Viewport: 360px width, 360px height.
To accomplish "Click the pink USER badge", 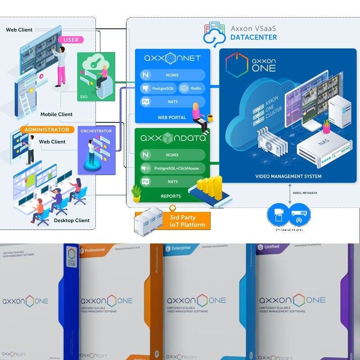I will (x=71, y=40).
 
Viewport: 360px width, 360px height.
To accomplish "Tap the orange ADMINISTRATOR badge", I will (x=47, y=130).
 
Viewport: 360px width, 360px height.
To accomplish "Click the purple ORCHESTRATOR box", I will (x=96, y=150).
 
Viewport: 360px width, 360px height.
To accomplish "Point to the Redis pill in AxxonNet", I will (x=192, y=88).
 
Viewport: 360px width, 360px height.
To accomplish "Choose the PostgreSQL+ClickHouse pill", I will (x=173, y=168).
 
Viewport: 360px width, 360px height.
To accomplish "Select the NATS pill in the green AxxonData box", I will (x=172, y=182).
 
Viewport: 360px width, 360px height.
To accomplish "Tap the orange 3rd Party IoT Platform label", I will (x=187, y=221).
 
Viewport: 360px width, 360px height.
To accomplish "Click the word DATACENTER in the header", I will (x=254, y=37).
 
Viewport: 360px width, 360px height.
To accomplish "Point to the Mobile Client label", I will (x=56, y=114).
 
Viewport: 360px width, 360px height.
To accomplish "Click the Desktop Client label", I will (x=72, y=220).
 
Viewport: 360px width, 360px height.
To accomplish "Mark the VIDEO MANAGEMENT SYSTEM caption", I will (x=288, y=176).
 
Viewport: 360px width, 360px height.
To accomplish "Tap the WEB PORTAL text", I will (x=169, y=117).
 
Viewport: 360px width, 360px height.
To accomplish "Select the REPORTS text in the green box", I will (x=171, y=196).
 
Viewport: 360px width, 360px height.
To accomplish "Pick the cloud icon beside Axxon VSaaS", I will (x=214, y=33).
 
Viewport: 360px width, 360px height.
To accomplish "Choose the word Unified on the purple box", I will (x=271, y=247).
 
